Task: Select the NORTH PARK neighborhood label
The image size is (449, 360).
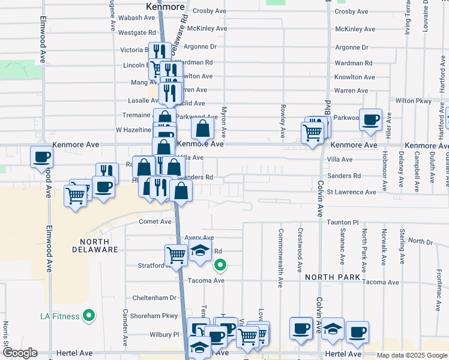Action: (x=331, y=277)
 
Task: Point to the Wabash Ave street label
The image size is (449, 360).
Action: (x=137, y=18)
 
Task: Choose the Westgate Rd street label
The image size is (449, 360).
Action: (x=138, y=32)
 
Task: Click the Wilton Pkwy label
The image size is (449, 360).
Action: (x=413, y=101)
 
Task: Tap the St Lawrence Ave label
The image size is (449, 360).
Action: (x=351, y=192)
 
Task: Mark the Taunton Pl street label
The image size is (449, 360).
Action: (x=342, y=222)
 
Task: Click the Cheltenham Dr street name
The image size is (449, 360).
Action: (x=154, y=298)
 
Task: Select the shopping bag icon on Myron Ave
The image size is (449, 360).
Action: (x=203, y=127)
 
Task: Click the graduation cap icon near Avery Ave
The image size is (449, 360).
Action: (x=200, y=253)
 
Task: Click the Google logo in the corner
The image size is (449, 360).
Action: (x=19, y=352)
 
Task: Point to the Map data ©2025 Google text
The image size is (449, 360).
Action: (x=411, y=355)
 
